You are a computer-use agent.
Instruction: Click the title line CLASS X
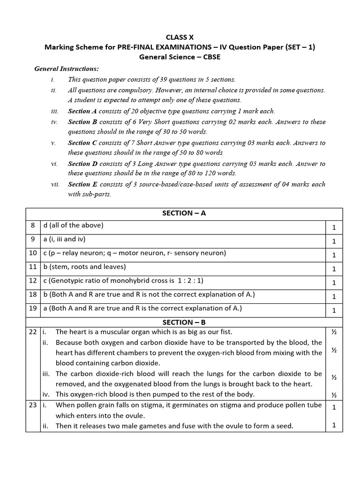click(x=180, y=37)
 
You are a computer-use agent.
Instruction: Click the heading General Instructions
click(x=67, y=69)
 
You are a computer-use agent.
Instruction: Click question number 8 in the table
click(x=33, y=225)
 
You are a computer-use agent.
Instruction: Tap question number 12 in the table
click(x=33, y=281)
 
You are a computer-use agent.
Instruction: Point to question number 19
click(x=33, y=308)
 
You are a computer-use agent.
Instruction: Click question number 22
click(x=33, y=332)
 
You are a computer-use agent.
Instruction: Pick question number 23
click(x=33, y=405)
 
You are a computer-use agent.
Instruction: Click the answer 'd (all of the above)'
click(x=73, y=225)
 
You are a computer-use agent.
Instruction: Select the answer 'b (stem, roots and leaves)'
click(x=85, y=267)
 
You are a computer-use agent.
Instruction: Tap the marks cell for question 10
click(x=334, y=255)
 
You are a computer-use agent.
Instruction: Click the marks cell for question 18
click(x=334, y=296)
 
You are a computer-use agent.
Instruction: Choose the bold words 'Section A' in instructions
click(x=82, y=111)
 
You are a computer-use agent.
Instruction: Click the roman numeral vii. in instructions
click(x=55, y=184)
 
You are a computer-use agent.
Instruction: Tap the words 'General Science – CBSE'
click(x=180, y=57)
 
